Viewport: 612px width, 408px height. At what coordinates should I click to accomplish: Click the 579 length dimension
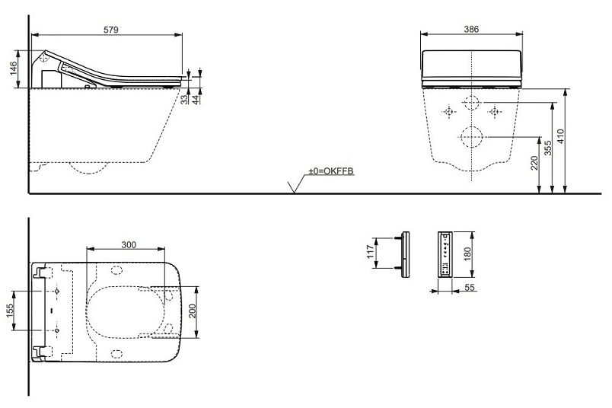[x=111, y=30]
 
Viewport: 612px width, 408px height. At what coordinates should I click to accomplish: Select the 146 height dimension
[x=14, y=69]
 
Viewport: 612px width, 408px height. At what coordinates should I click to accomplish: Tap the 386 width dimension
[x=471, y=29]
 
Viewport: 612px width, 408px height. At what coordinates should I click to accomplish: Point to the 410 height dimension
[x=561, y=136]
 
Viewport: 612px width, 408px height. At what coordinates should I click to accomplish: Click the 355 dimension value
[x=548, y=148]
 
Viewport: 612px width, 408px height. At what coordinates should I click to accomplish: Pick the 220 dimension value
[x=534, y=163]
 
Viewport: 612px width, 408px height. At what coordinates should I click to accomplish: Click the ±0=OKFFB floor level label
[x=331, y=171]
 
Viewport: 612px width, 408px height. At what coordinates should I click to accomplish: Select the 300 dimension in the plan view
[x=129, y=245]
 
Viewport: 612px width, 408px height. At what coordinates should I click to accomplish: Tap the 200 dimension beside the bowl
[x=193, y=311]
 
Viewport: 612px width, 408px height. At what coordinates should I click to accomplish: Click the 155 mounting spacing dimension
[x=10, y=311]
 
